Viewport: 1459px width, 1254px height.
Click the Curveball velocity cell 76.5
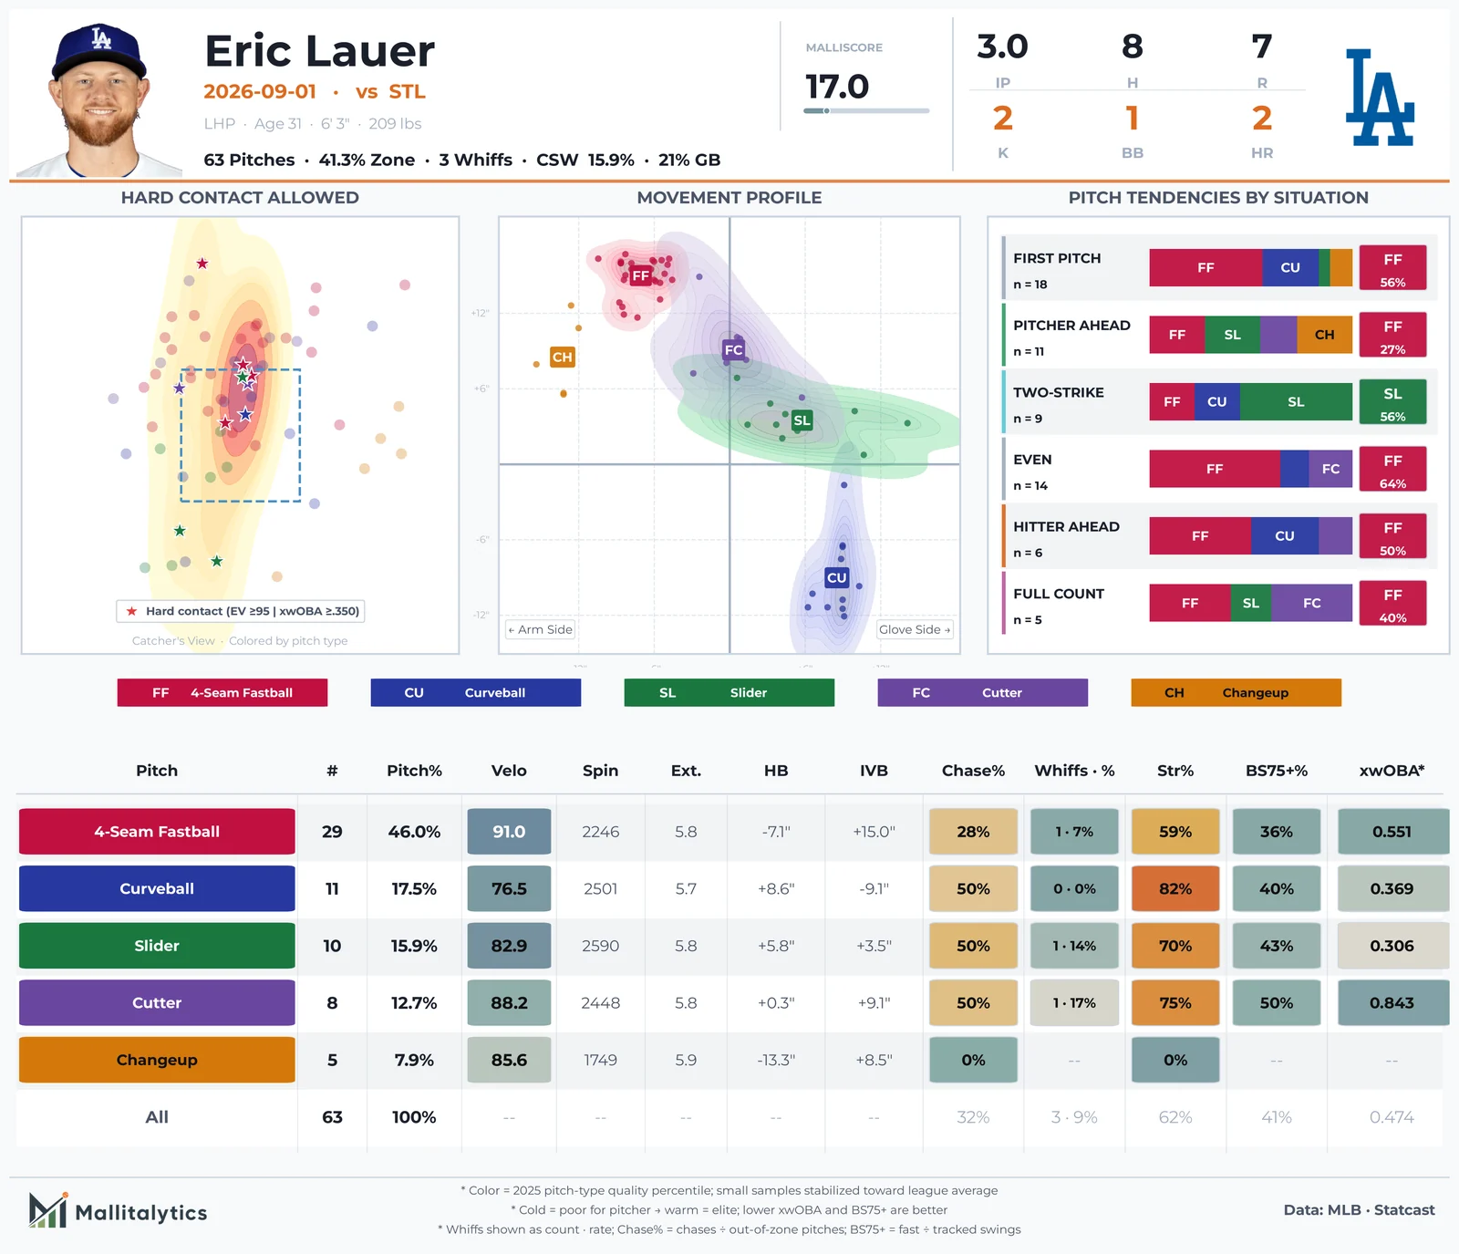509,888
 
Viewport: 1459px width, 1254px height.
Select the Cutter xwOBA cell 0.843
1392,1002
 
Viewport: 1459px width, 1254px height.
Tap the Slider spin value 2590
600,946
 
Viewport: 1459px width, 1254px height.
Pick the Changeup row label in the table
157,1060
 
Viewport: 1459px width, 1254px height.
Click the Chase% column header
973,771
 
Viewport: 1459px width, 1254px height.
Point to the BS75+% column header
1277,771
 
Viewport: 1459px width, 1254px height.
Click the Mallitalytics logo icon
48,1210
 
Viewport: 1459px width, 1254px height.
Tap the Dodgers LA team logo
1380,98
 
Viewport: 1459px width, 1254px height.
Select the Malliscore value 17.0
837,87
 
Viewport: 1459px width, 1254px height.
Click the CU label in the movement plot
837,577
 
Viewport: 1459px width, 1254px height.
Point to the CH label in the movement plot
562,357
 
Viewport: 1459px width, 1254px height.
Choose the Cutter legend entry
982,692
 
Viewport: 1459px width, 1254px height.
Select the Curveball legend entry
475,692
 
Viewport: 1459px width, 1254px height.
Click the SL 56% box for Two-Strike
1392,401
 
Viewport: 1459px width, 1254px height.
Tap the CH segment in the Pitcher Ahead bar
1324,335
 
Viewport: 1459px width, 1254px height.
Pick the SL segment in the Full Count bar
1250,603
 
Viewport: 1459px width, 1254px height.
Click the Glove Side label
915,629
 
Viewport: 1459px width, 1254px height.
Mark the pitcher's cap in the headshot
98,53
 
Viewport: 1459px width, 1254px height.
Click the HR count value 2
1262,119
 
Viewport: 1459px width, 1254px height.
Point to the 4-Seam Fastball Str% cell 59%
1175,832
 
